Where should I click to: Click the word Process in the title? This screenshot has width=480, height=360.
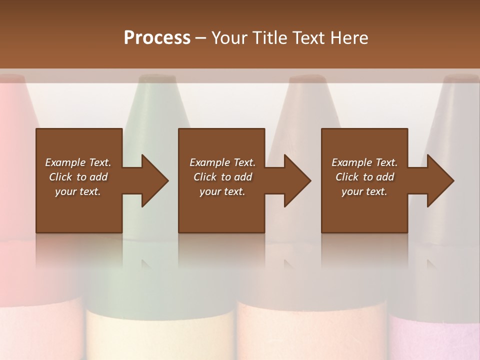point(157,37)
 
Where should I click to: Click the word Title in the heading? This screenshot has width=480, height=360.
point(269,37)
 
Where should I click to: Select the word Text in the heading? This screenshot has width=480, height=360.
point(309,37)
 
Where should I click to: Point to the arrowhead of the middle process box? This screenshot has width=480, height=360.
point(297,180)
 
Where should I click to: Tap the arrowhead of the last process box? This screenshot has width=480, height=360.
point(440,180)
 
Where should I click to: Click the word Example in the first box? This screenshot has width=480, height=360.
point(65,162)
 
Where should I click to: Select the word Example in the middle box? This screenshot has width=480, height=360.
point(209,162)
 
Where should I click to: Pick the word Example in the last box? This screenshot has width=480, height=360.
point(351,162)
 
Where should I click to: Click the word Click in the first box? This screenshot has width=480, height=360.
point(60,177)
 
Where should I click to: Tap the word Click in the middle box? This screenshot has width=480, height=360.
point(205,177)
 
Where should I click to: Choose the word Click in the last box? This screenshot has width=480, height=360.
point(347,177)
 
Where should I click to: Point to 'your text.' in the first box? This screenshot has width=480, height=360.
point(78,191)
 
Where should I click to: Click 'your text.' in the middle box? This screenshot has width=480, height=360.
point(222,191)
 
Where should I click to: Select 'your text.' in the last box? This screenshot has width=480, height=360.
point(364,191)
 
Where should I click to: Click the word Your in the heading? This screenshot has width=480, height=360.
point(228,37)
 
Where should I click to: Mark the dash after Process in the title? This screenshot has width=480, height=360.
point(201,38)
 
